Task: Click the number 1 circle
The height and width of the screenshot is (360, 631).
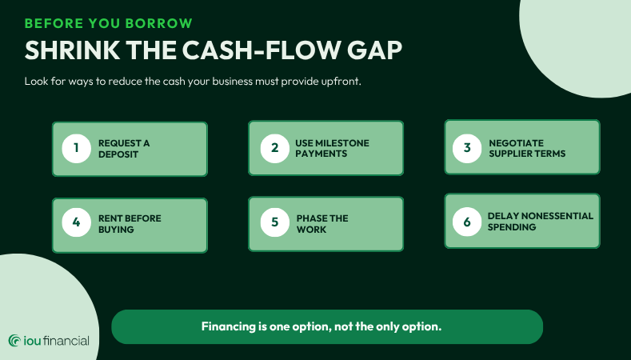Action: point(77,149)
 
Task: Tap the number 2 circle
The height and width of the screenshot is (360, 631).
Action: point(275,149)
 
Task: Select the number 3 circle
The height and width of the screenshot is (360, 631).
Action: point(467,149)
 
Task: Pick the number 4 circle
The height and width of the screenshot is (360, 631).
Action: point(77,222)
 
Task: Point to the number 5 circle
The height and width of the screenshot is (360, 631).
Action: point(275,222)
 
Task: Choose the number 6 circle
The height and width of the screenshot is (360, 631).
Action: point(467,222)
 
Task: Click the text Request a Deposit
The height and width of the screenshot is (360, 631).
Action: point(124,149)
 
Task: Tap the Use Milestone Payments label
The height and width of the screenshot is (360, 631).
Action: point(332,148)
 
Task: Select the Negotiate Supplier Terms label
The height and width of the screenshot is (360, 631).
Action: point(527,148)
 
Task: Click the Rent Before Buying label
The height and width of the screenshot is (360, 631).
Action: point(130,224)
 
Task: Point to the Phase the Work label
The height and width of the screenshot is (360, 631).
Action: point(322,224)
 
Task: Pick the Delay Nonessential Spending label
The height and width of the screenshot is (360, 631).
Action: point(541,222)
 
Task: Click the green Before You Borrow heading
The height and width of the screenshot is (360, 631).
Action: point(109,23)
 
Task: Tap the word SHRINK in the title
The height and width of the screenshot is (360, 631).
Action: point(73,50)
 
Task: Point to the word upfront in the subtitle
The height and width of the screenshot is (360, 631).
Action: point(341,82)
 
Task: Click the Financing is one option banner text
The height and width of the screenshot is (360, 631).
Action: point(321,326)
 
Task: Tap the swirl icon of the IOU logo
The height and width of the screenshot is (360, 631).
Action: point(15,341)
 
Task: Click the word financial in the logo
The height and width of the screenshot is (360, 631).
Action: point(66,341)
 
